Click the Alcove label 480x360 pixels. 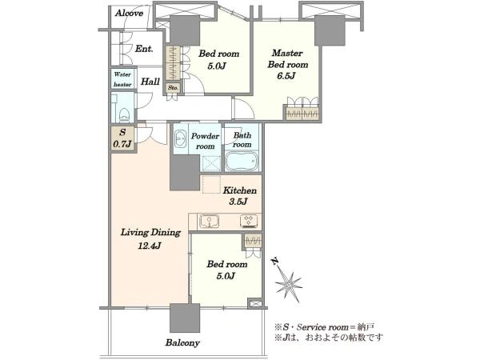click(129, 13)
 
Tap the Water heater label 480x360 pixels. click(122, 79)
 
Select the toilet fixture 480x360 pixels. click(124, 115)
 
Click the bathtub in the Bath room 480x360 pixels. click(242, 161)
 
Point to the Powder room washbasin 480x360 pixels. click(180, 138)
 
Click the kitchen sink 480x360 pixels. click(210, 221)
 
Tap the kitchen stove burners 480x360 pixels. click(249, 221)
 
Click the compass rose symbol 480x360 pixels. click(288, 286)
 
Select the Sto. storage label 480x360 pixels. click(173, 88)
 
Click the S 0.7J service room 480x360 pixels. click(122, 138)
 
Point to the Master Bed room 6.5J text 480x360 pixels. click(287, 65)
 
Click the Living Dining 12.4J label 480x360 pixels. click(150, 238)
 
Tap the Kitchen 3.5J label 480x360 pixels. click(239, 196)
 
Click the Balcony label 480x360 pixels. click(182, 342)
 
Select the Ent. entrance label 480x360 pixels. click(144, 49)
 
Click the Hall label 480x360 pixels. click(150, 82)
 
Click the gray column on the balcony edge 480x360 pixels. click(185, 318)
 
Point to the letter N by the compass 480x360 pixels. click(275, 261)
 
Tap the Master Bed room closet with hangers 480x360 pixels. click(302, 113)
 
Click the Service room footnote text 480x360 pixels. click(324, 327)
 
